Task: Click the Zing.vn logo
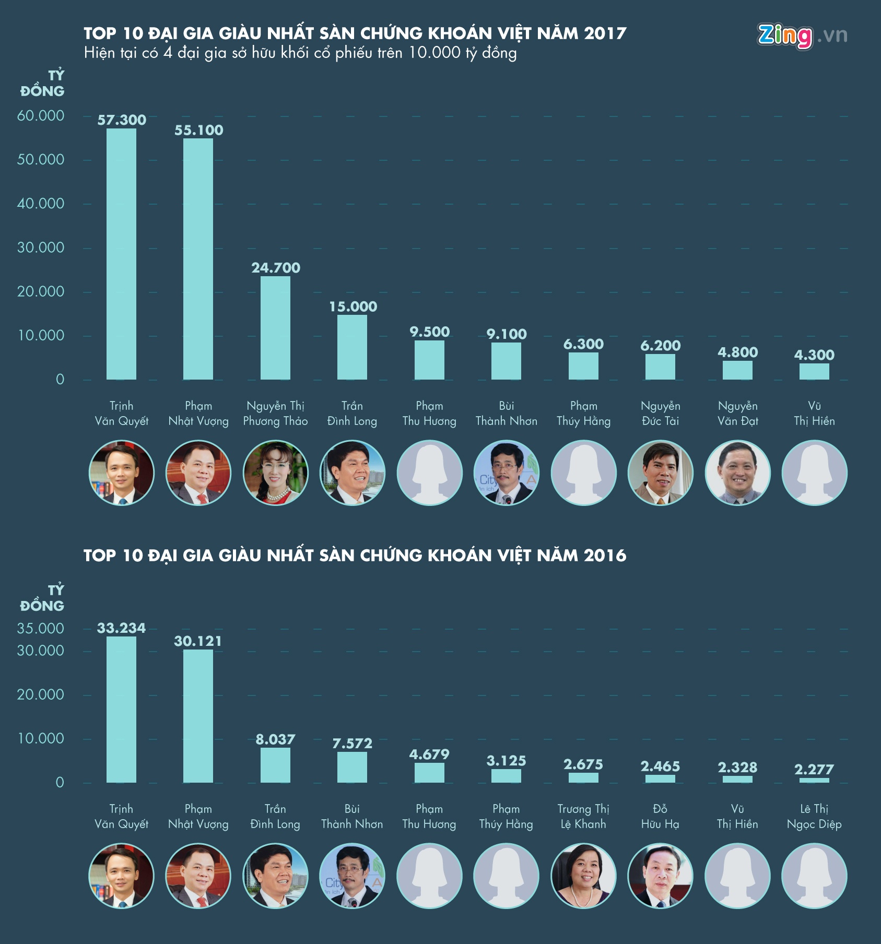click(802, 36)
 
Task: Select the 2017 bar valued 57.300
click(121, 254)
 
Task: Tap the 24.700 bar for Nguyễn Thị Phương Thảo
click(275, 327)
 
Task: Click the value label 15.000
click(353, 306)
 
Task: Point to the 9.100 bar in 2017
click(506, 361)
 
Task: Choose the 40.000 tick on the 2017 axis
click(41, 204)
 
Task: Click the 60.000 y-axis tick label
click(41, 116)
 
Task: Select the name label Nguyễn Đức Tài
click(660, 414)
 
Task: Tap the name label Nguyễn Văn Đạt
click(737, 414)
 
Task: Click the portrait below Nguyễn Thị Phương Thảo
click(275, 473)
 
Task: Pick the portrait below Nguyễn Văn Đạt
click(737, 473)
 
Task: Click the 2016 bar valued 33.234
click(121, 709)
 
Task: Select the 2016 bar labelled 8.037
click(275, 765)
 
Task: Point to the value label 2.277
click(814, 769)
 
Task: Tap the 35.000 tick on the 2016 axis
click(41, 629)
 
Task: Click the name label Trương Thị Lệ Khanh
click(583, 817)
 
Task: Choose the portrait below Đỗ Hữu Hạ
click(660, 876)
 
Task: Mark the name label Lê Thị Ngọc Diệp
click(814, 817)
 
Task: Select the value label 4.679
click(429, 754)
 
